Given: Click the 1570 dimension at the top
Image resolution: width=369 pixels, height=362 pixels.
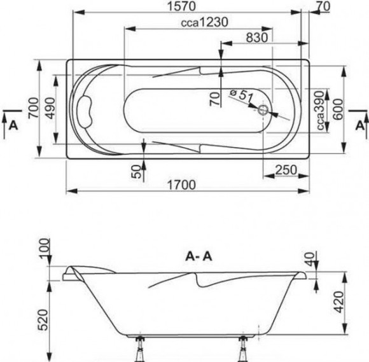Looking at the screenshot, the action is (181, 6).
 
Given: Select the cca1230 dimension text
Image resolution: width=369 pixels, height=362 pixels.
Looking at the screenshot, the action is (204, 22).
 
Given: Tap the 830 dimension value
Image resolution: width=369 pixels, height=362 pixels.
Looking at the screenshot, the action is (257, 37).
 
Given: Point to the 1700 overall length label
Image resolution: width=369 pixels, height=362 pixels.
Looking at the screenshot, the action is (181, 184).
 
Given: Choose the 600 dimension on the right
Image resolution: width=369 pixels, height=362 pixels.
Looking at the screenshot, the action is (338, 109).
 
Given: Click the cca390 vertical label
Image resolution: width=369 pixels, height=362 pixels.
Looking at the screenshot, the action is (320, 111).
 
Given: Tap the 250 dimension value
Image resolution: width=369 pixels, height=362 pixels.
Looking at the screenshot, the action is (286, 170).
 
